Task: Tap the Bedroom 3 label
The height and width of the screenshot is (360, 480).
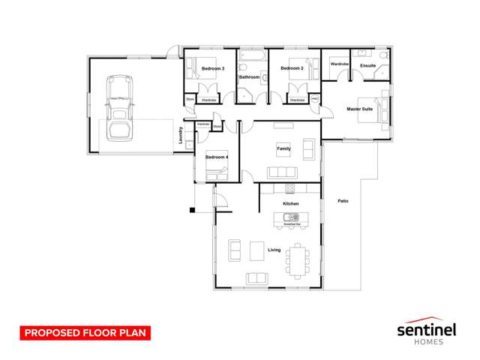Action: [213, 69]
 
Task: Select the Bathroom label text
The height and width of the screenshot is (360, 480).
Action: [249, 77]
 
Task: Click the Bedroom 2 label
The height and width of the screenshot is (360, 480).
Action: [291, 69]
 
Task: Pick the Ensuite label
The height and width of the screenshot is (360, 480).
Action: [367, 66]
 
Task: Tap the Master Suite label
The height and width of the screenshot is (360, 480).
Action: [359, 109]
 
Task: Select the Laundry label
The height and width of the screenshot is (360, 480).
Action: [181, 135]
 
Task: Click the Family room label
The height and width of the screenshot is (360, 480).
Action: [283, 148]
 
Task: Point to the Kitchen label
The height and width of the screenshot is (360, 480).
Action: [290, 204]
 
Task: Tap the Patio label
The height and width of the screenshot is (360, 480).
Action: [343, 201]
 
